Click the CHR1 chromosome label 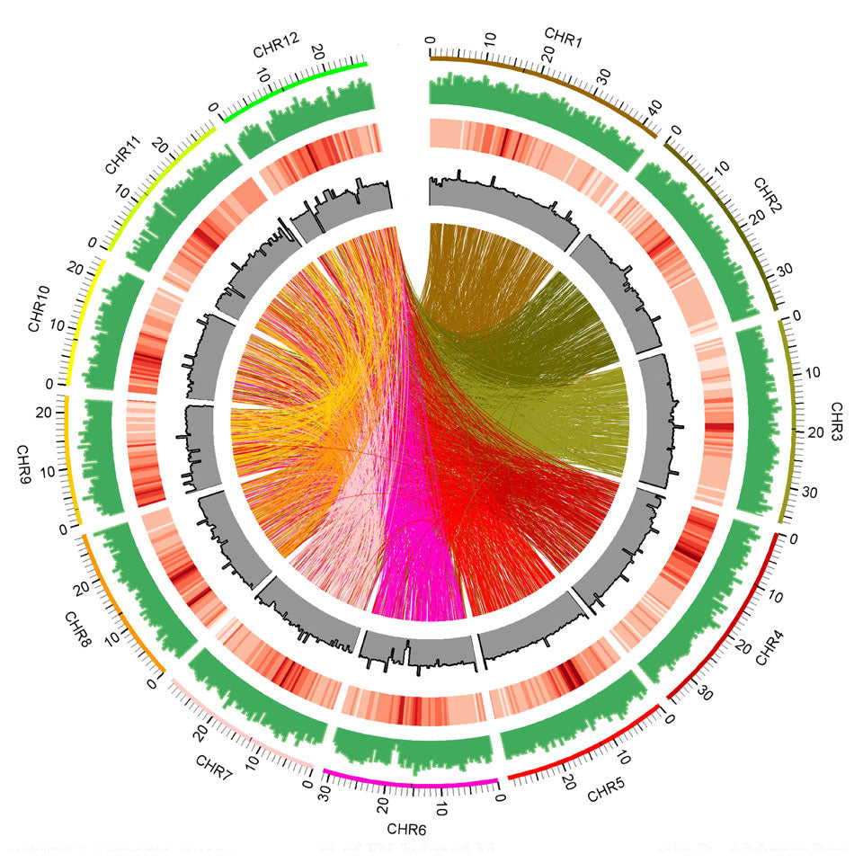564,37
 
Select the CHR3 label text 836,418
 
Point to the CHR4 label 770,647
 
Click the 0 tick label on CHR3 798,316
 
